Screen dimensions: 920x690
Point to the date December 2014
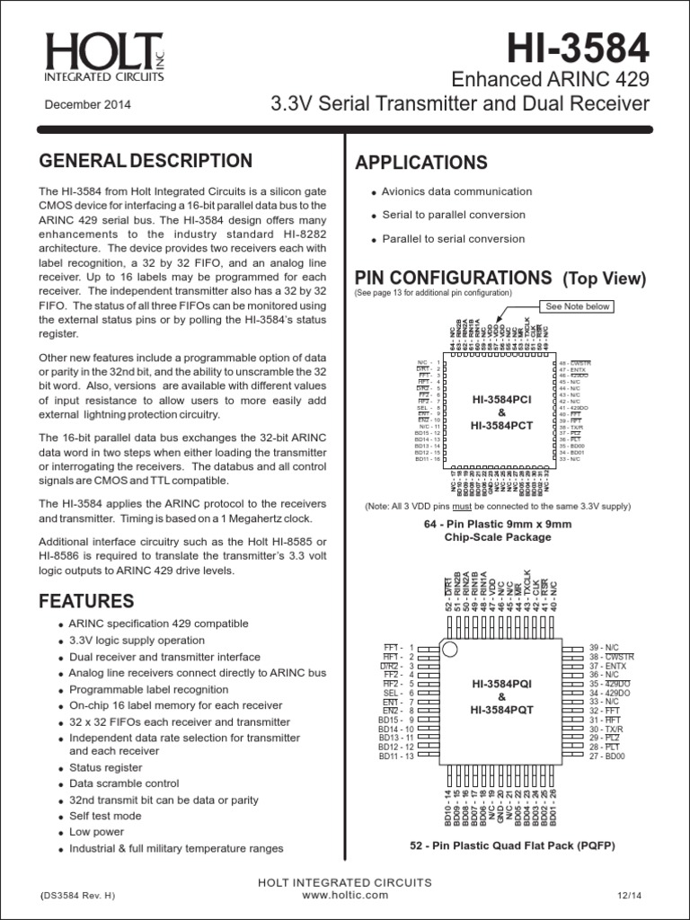pyautogui.click(x=88, y=105)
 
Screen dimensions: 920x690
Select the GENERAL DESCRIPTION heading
pyautogui.click(x=146, y=161)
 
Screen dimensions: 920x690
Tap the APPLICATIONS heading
pyautogui.click(x=421, y=163)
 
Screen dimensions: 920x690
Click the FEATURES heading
pyautogui.click(x=85, y=600)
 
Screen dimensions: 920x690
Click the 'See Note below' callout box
pyautogui.click(x=579, y=306)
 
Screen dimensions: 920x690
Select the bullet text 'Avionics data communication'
pyautogui.click(x=456, y=191)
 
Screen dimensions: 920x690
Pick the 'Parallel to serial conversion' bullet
pyautogui.click(x=453, y=239)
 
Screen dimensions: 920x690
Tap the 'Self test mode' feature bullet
pyautogui.click(x=105, y=816)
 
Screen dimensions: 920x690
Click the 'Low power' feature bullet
pyautogui.click(x=94, y=832)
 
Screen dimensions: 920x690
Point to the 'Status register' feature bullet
pyautogui.click(x=105, y=767)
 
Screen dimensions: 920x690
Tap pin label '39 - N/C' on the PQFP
pyautogui.click(x=605, y=647)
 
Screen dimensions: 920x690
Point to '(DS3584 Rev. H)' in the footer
pyautogui.click(x=77, y=897)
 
